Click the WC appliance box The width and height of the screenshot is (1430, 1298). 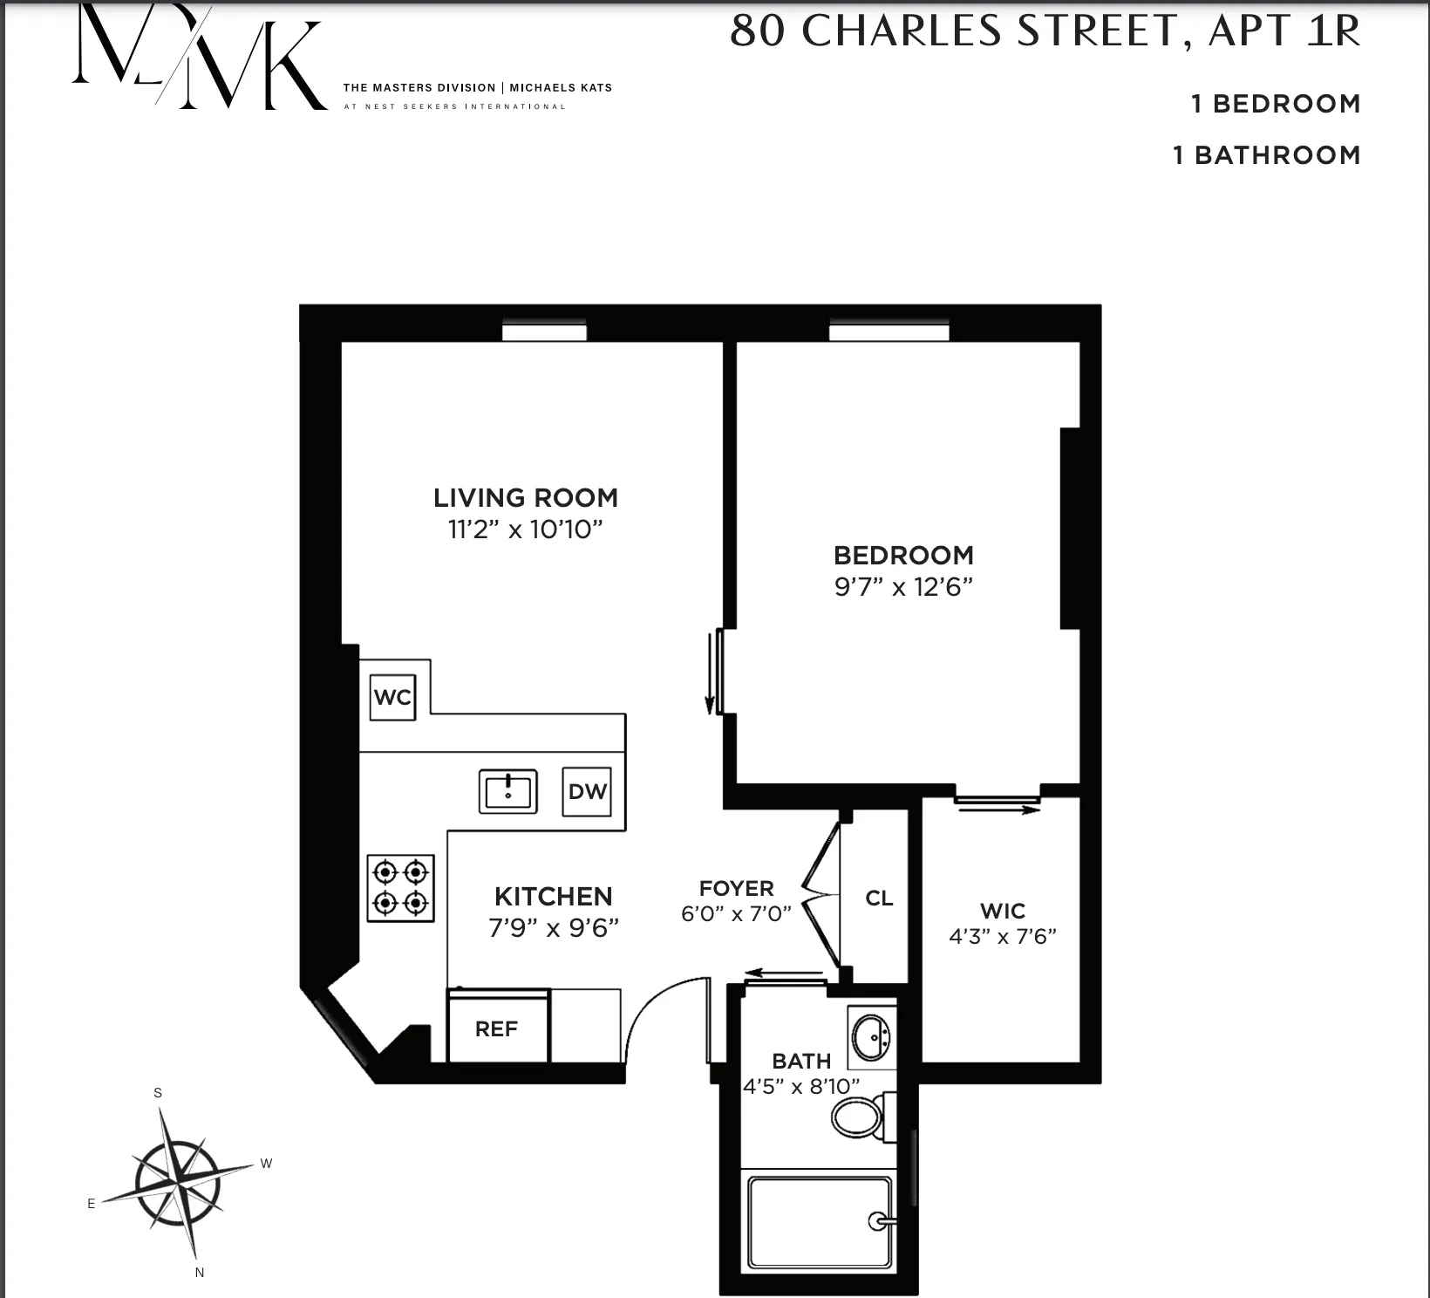point(392,697)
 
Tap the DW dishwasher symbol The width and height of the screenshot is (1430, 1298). point(587,791)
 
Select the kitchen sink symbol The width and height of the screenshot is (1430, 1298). point(507,791)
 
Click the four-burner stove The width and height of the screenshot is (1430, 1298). point(401,887)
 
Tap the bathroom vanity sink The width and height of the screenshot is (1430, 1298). point(871,1037)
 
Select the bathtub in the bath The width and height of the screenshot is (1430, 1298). point(820,1223)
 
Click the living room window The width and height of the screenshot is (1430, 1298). point(544,332)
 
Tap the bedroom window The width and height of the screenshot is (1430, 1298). point(889,332)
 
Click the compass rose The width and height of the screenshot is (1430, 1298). point(178,1183)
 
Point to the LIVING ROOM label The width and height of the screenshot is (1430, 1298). point(526,498)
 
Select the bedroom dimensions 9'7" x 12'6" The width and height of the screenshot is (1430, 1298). point(903,586)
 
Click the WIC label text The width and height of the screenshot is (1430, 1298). point(1003,912)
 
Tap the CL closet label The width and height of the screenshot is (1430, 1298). point(879,898)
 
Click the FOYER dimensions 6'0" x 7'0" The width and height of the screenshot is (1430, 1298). point(736,913)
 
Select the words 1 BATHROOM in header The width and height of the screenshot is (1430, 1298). point(1266,155)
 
